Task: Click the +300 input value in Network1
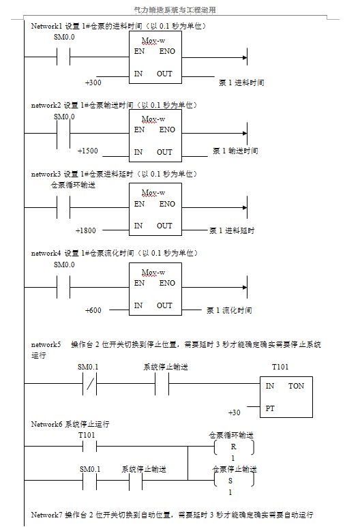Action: tap(93, 82)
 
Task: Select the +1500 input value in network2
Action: tap(87, 151)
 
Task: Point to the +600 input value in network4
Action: tap(93, 310)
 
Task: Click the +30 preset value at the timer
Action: tap(234, 412)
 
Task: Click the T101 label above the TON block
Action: tap(280, 367)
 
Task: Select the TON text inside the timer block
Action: tap(296, 386)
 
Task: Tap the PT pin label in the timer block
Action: tap(270, 407)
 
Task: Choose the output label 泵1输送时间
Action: tap(235, 151)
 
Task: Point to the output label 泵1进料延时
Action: tap(232, 230)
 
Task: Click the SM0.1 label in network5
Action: tap(88, 367)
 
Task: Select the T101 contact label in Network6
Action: tap(87, 434)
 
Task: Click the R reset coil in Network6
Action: tap(232, 447)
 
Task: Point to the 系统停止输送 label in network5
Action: tap(166, 367)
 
